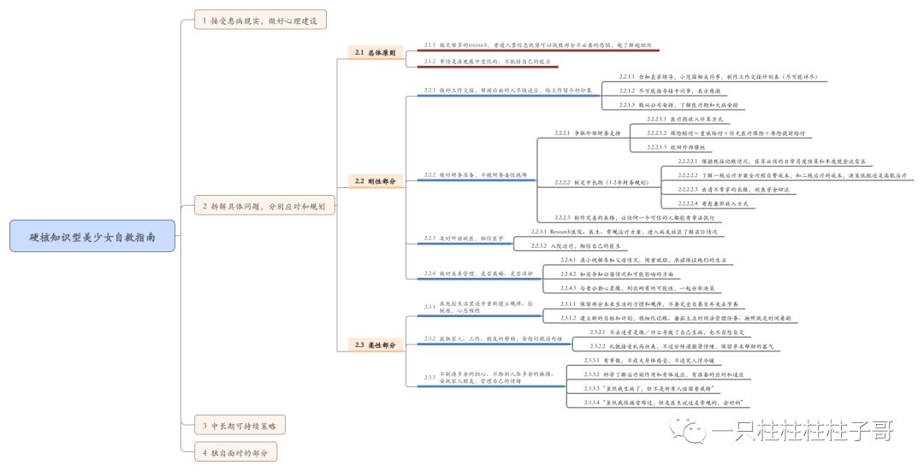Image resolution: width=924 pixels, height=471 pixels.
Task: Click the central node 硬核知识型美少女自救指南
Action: click(92, 236)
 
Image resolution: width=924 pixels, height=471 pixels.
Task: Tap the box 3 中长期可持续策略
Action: click(240, 425)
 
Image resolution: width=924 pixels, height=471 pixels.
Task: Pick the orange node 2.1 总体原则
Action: click(375, 53)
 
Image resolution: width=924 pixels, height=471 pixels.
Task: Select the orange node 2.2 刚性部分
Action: click(375, 181)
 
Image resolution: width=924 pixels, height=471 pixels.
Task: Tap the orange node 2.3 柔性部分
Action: click(375, 344)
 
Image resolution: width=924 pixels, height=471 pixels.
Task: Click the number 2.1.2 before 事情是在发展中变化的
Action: click(430, 62)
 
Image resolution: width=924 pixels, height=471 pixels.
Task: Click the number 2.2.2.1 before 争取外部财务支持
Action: click(562, 133)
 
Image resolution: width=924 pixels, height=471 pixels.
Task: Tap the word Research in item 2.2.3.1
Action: click(568, 232)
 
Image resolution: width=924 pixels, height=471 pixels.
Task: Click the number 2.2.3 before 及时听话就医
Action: click(430, 238)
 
